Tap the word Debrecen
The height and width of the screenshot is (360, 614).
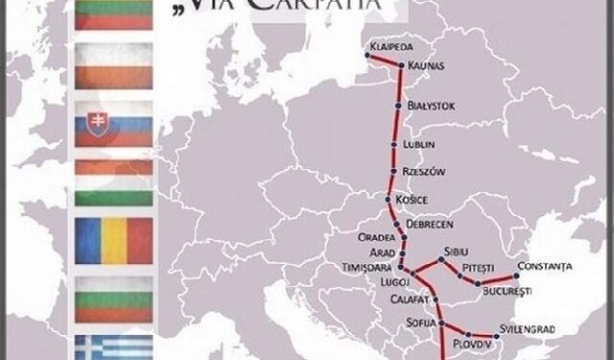(427, 223)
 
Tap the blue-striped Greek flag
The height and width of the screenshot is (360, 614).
(112, 348)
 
